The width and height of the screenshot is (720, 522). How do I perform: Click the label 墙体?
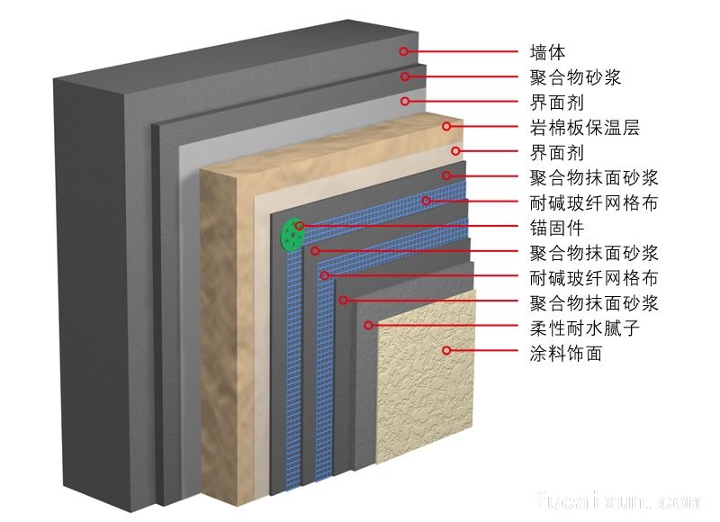547,52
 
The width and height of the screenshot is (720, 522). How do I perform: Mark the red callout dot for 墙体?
404,51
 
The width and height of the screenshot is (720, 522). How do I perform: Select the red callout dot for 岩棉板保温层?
445,126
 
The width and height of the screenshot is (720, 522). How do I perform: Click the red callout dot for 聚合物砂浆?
405,76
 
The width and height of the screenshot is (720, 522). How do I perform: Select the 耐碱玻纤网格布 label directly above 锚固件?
595,202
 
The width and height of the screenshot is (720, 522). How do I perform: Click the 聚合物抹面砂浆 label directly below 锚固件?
595,252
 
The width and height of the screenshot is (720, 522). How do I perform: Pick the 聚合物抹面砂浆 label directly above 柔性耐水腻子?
595,302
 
